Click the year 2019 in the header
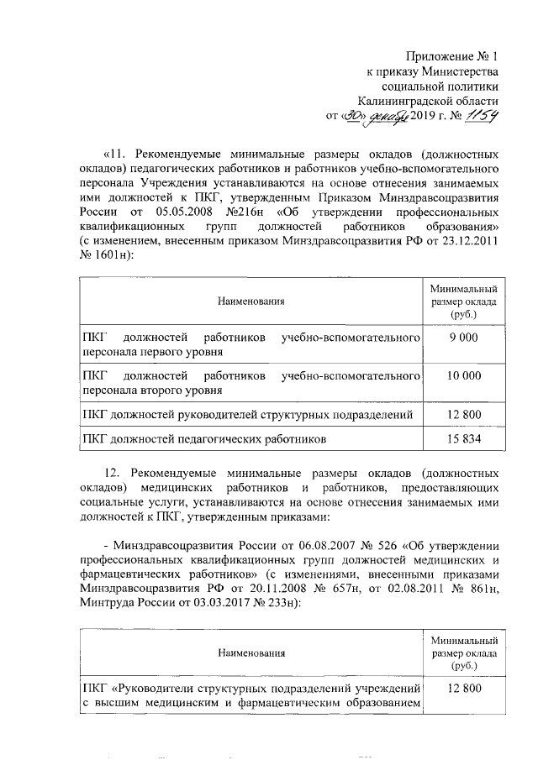[417, 117]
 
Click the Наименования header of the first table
[250, 300]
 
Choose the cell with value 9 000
[463, 337]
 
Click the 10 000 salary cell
[463, 375]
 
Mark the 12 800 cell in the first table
[463, 415]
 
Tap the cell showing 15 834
[463, 438]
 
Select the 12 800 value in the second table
[463, 689]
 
